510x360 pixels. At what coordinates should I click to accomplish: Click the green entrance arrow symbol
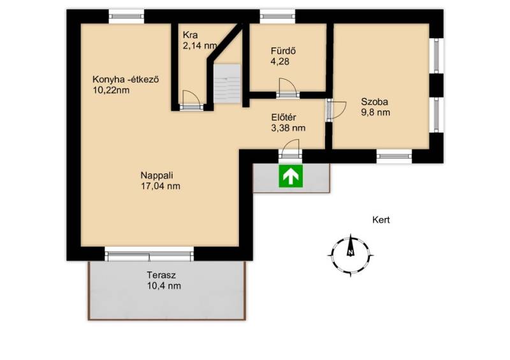(291, 176)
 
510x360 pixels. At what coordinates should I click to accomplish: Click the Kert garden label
(381, 220)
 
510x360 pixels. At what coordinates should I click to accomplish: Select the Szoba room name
(374, 102)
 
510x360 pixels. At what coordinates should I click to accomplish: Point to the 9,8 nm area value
(375, 113)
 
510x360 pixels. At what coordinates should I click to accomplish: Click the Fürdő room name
(283, 51)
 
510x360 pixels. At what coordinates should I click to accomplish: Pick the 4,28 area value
(280, 61)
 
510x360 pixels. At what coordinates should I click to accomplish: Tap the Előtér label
(284, 117)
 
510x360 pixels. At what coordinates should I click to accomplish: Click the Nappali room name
(157, 175)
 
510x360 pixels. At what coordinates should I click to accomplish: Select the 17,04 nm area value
(161, 186)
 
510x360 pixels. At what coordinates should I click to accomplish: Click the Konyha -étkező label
(126, 80)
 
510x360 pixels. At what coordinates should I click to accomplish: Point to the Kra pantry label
(190, 35)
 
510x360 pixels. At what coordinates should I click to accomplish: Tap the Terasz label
(161, 275)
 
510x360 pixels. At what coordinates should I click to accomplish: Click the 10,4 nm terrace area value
(164, 286)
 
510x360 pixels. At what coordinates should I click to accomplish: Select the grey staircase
(227, 84)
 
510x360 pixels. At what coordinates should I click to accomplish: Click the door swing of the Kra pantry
(191, 97)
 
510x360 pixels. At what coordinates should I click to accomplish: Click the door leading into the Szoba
(337, 110)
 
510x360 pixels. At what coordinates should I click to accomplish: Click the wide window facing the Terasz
(149, 254)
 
